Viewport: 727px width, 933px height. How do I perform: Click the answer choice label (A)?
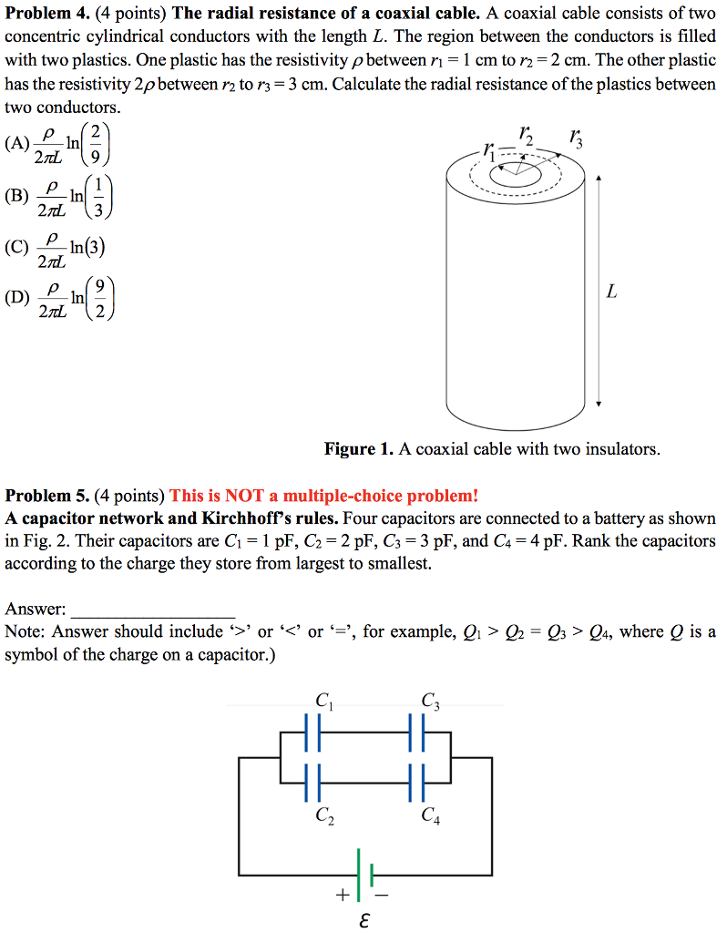point(16,143)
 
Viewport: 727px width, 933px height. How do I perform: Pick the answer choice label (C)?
point(16,247)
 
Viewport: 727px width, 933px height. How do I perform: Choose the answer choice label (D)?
point(16,297)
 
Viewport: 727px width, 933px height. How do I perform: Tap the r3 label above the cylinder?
point(575,138)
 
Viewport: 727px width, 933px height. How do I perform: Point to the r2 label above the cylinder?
point(527,134)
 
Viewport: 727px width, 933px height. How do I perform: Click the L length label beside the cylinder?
point(611,292)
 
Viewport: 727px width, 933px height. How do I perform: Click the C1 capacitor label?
point(324,702)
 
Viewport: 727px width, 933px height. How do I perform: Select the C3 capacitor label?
point(431,702)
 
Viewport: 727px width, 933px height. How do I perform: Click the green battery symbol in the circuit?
point(364,873)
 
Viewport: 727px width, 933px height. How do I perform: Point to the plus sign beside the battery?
point(341,895)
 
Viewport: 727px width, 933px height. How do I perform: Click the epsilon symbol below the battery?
point(363,919)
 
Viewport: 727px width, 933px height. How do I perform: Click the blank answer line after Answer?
point(152,609)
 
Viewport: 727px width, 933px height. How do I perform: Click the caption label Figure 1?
point(359,449)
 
